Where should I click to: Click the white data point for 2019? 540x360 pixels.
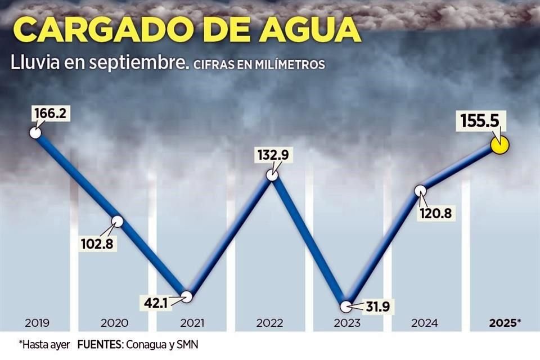[35, 133]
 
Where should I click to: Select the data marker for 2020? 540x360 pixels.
[117, 221]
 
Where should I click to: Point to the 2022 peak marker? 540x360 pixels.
[272, 175]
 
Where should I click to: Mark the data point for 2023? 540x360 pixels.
[346, 307]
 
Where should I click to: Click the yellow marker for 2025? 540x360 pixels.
[499, 145]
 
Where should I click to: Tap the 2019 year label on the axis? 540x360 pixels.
[38, 323]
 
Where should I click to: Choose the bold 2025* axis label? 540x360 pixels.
[505, 323]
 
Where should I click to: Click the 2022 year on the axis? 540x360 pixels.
[269, 323]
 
